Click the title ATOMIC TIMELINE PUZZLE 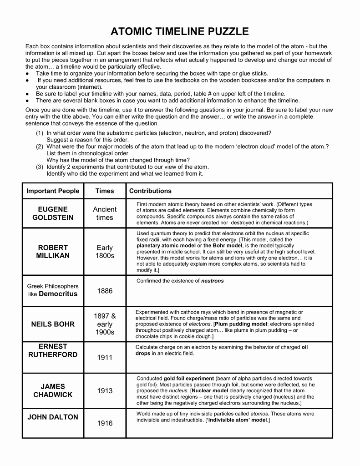(180, 31)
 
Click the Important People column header (53, 191)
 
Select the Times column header (105, 191)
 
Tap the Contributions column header (150, 191)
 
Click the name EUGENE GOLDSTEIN (53, 213)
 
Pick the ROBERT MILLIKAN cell (53, 252)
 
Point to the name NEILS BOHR (53, 324)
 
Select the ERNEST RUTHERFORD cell (53, 350)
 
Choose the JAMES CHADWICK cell (53, 390)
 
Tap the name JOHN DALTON (53, 417)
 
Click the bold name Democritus (58, 294)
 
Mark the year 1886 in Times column (105, 291)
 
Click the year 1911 (105, 358)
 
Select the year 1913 (105, 391)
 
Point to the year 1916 (105, 424)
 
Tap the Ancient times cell (105, 213)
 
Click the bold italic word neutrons (213, 281)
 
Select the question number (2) (40, 147)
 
